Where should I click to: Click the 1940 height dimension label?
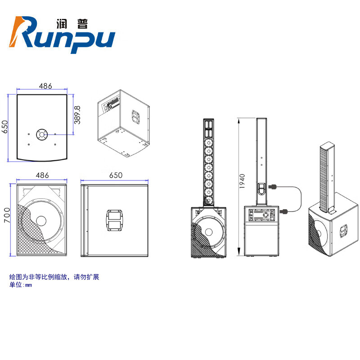243,181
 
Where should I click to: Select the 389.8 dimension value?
77,115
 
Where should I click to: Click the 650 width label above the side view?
115,175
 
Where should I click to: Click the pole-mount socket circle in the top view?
42,134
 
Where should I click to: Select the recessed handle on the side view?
115,220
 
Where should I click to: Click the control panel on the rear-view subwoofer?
261,216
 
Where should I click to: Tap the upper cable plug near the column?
272,186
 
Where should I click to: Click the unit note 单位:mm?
21,285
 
